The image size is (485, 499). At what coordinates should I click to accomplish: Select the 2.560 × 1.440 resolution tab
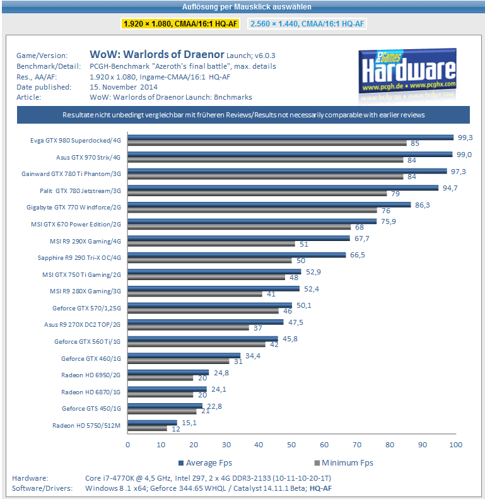[308, 23]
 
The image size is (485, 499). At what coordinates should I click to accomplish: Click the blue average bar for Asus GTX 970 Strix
[290, 153]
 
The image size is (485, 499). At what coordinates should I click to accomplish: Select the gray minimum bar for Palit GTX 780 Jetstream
[257, 193]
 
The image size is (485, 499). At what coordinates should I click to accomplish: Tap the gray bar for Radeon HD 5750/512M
[148, 429]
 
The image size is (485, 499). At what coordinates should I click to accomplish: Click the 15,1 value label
[189, 422]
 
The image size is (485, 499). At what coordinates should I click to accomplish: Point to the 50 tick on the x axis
[291, 445]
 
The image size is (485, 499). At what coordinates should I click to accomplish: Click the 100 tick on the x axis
[455, 445]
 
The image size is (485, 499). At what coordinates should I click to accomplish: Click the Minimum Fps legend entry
[344, 462]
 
